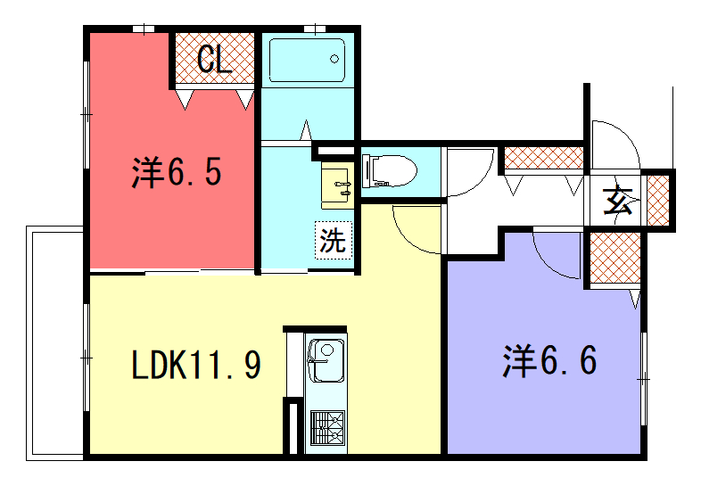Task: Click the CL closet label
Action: click(x=215, y=59)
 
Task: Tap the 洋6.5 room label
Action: click(x=177, y=173)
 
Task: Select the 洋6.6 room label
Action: click(x=549, y=361)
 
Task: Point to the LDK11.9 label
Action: click(x=196, y=365)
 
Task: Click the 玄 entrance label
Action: click(x=617, y=200)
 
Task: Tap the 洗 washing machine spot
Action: click(x=334, y=240)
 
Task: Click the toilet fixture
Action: click(x=389, y=170)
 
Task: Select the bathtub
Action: click(x=307, y=61)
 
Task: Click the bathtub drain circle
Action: click(x=334, y=59)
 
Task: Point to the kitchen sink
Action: click(x=326, y=360)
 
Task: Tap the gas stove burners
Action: click(x=327, y=427)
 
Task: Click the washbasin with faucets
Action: click(x=337, y=185)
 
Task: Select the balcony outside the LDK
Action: click(x=55, y=343)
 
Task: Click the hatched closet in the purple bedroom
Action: click(x=615, y=258)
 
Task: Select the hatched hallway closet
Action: click(x=544, y=158)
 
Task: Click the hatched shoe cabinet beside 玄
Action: click(x=658, y=201)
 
